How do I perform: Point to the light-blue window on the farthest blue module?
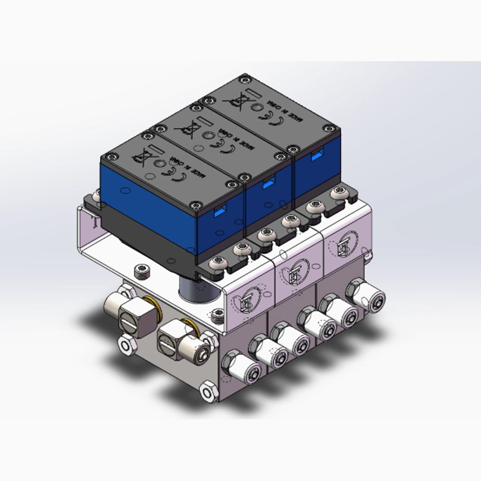(316, 155)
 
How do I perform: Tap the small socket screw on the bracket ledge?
(140, 271)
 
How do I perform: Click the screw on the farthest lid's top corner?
(245, 77)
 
